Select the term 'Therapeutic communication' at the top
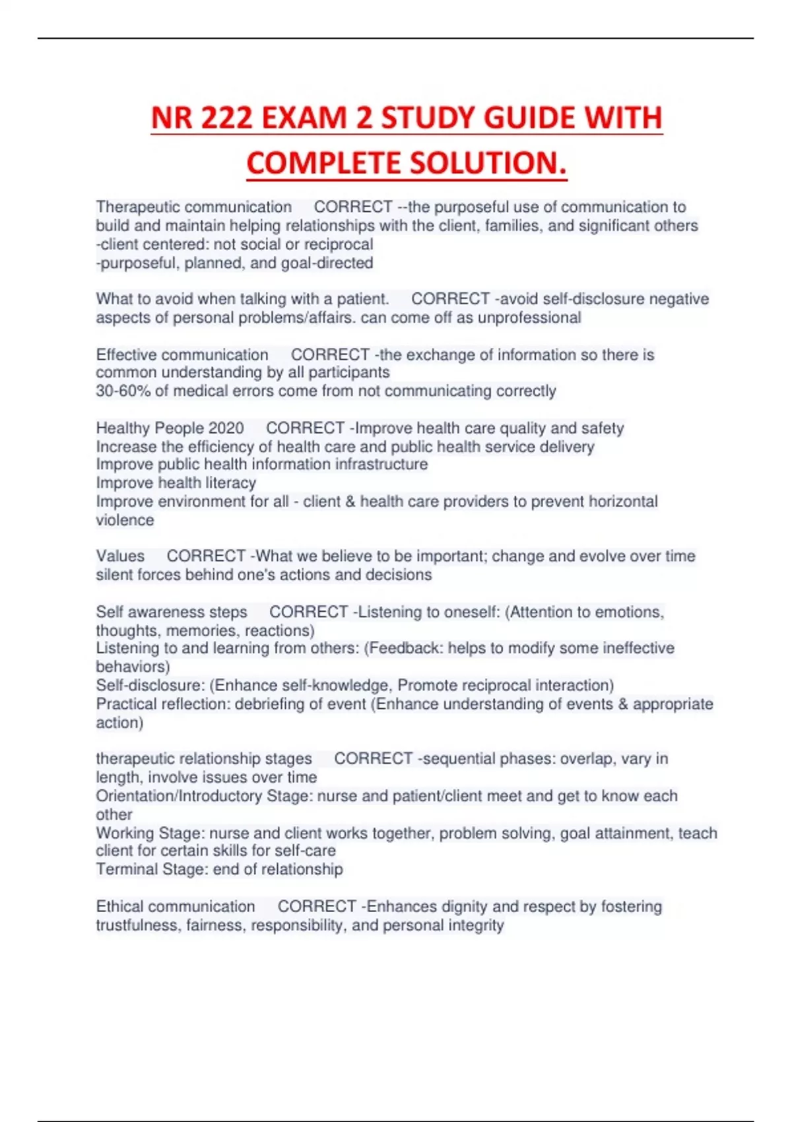tap(193, 207)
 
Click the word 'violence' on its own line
tap(125, 520)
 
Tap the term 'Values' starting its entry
tap(119, 556)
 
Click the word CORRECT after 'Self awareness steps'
tap(308, 612)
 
